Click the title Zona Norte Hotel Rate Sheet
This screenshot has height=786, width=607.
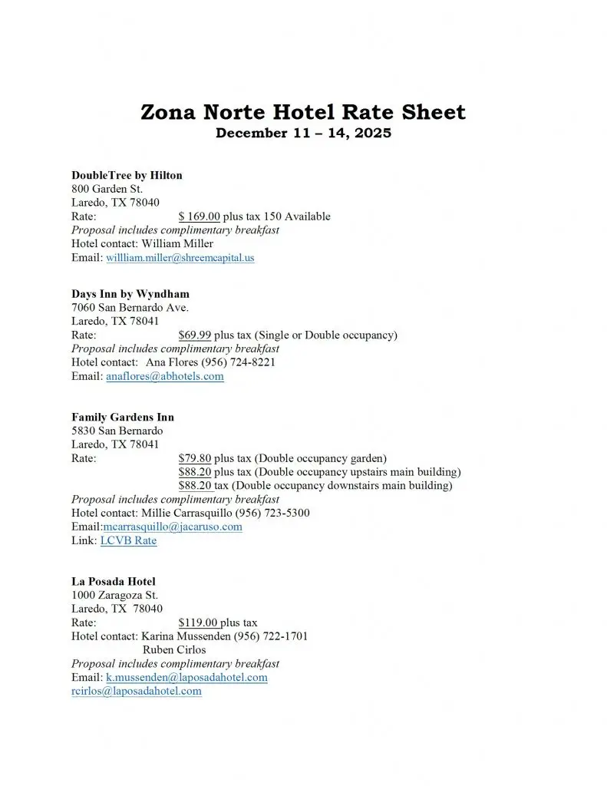click(303, 112)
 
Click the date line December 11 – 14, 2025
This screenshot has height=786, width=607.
click(303, 133)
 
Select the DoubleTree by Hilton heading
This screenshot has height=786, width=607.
click(127, 175)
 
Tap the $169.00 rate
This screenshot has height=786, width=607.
click(199, 216)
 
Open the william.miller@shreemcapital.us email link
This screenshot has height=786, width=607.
click(180, 258)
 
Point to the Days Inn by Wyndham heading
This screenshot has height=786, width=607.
click(130, 294)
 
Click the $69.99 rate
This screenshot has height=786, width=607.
click(194, 335)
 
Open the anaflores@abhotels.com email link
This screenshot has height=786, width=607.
click(164, 376)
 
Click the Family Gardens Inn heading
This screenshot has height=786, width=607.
click(123, 418)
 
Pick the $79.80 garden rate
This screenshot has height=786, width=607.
click(194, 458)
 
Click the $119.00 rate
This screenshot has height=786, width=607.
click(198, 623)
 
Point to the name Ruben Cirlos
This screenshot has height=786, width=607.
click(174, 650)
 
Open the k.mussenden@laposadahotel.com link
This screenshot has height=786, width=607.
click(186, 678)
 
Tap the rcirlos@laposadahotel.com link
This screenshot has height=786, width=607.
click(137, 691)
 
